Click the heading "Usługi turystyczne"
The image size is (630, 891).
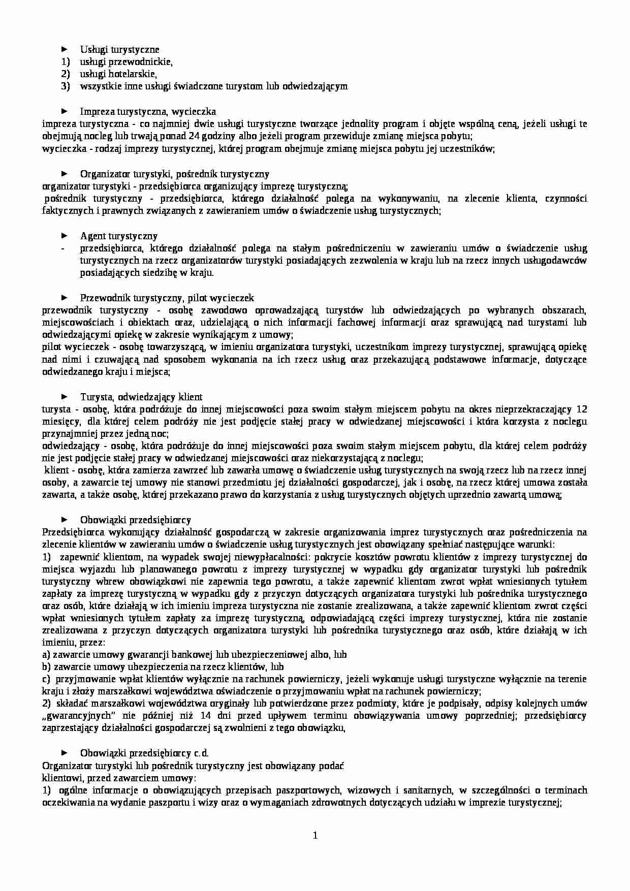pos(119,49)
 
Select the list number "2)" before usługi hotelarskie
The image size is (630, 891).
pos(65,74)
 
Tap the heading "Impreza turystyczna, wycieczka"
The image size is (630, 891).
pos(148,111)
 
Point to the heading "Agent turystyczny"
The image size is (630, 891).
pos(118,236)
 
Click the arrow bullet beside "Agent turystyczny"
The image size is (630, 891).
pos(64,236)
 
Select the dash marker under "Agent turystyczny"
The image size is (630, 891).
pos(62,248)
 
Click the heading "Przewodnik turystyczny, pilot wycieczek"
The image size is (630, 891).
pos(167,298)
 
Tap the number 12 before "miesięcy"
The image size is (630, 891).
pos(582,409)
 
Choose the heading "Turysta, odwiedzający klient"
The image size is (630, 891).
pos(141,397)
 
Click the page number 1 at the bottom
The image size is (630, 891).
pos(315,835)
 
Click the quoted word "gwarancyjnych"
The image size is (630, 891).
pos(76,716)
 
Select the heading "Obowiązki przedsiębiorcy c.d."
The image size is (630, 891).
pos(144,753)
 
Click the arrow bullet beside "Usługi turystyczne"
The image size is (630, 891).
pos(64,49)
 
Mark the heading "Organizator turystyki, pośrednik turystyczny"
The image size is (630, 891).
pos(175,174)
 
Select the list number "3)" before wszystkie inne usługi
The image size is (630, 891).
pos(65,86)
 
